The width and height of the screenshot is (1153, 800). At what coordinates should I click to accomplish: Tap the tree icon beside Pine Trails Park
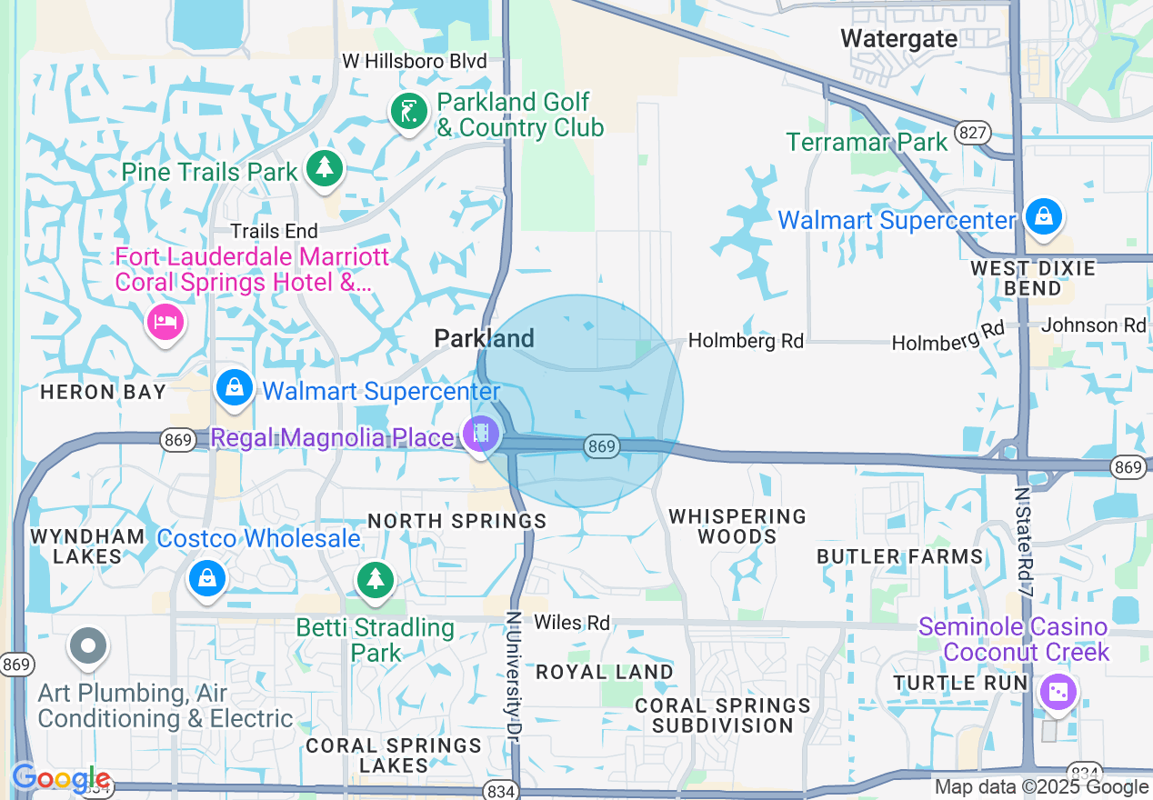tap(324, 168)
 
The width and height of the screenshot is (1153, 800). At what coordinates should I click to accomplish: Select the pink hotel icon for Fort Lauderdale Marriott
tap(165, 321)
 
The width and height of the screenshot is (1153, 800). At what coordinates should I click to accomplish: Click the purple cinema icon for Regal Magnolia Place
tap(481, 434)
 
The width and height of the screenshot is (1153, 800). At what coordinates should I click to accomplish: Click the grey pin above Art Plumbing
tap(88, 647)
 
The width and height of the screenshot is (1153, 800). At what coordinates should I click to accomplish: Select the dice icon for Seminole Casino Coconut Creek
tap(1058, 693)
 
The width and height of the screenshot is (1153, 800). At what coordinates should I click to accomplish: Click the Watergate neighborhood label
tap(898, 38)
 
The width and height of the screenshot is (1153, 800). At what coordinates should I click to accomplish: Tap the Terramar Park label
tap(867, 142)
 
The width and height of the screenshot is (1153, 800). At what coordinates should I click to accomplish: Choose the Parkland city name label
tap(484, 338)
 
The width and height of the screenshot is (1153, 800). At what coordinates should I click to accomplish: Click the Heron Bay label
tap(103, 393)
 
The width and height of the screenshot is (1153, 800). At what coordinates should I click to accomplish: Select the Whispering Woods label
tap(737, 526)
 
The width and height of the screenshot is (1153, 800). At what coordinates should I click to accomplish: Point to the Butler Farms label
tap(899, 556)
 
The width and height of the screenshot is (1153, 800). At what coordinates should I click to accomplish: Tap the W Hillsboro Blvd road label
tap(414, 61)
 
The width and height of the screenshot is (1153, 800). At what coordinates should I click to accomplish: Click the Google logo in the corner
tap(61, 779)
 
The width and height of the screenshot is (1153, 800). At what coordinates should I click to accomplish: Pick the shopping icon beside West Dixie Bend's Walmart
tap(1044, 217)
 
